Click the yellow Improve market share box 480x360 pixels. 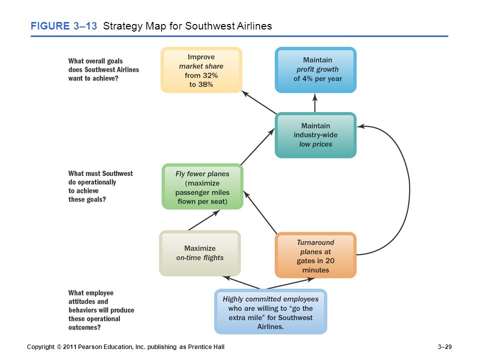coord(201,70)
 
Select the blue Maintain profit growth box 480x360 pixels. coord(315,70)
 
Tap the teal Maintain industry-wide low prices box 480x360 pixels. coord(315,135)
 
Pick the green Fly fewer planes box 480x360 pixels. coord(202,186)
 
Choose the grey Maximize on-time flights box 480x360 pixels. coord(200,253)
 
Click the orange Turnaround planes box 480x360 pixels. coord(315,255)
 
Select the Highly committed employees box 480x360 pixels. coord(270,311)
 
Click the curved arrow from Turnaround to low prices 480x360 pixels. coord(409,190)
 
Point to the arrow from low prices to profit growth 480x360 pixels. coord(315,103)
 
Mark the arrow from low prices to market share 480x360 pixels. coord(259,102)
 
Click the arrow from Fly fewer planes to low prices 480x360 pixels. coord(257,146)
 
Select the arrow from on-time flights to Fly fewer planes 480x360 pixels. coord(204,220)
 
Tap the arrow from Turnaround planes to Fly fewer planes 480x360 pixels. coord(260,212)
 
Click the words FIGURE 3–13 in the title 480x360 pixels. coord(63,26)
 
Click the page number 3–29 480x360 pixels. coord(444,347)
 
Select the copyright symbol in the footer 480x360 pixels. coord(59,347)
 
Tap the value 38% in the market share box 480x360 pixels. coord(205,84)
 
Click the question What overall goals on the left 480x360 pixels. coord(95,61)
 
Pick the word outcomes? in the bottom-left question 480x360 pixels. coord(84,327)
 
